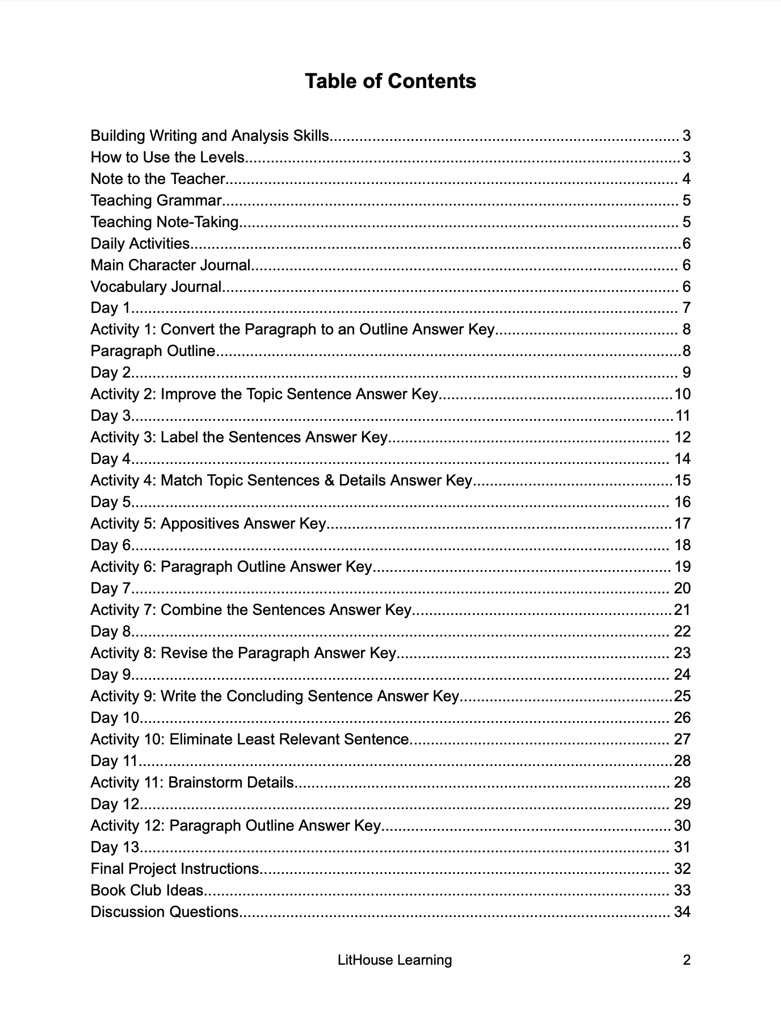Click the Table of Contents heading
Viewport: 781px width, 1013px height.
coord(390,81)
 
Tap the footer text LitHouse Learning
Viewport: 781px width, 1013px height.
coord(394,960)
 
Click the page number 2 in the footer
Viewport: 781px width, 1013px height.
coord(686,960)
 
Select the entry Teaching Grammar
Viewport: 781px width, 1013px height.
coord(156,200)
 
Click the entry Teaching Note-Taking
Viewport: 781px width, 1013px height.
coord(165,222)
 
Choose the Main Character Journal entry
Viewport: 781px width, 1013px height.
coord(170,265)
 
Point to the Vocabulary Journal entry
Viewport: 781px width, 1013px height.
coord(156,287)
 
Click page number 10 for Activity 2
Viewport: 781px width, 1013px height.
coord(682,394)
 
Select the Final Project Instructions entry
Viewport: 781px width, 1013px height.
coord(175,869)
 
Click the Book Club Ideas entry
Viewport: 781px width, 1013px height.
coord(147,890)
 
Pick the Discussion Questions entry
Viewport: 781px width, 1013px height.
coord(165,912)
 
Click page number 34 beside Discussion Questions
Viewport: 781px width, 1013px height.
coord(682,912)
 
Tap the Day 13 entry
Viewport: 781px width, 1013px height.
coord(115,847)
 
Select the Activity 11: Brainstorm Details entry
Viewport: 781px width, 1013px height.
coord(192,782)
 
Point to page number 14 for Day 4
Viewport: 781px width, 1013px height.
coord(682,459)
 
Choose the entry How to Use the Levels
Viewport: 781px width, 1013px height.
coord(167,157)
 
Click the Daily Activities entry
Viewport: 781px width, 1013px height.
coord(140,244)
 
